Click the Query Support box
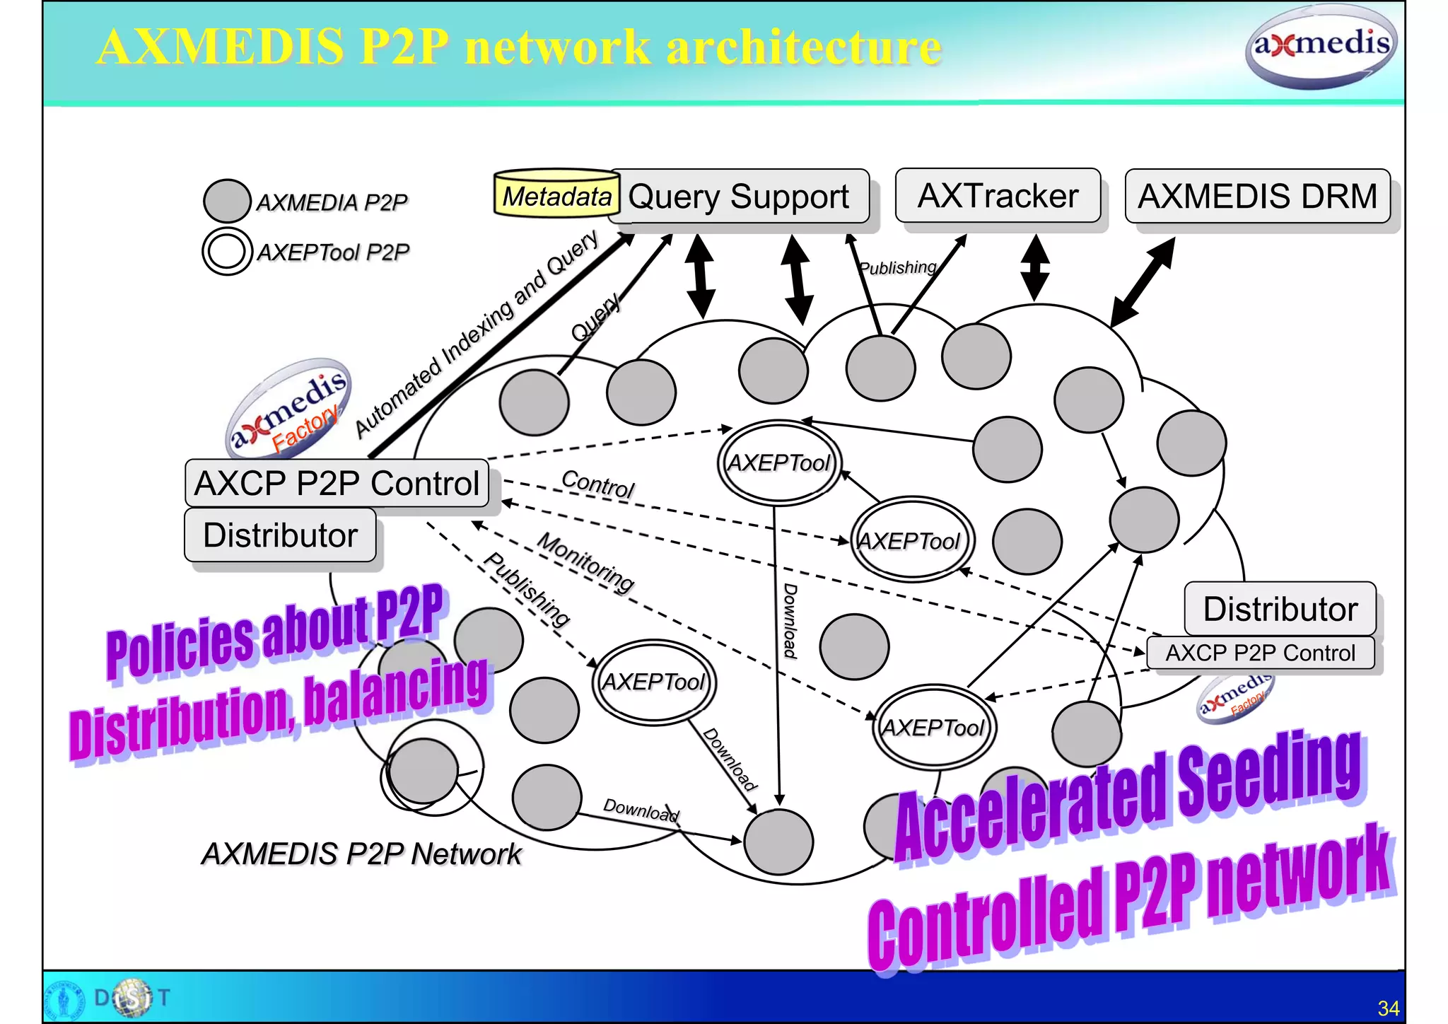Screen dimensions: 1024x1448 739,196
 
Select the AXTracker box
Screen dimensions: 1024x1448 998,196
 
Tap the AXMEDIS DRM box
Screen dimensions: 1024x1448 1257,196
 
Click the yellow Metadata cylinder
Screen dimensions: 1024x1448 556,194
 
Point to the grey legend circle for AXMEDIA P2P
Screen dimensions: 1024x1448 227,201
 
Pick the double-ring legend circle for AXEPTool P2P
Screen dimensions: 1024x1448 227,251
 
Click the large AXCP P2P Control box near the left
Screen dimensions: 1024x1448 337,484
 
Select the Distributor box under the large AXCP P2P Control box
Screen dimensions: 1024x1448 280,535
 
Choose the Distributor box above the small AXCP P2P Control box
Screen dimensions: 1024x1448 1280,609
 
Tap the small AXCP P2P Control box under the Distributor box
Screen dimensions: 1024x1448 1260,653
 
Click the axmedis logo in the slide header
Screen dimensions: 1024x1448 1321,46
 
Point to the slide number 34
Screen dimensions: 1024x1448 1388,1008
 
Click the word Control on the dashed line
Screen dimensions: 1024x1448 598,485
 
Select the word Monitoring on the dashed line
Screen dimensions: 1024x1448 585,562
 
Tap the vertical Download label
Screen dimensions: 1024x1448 790,621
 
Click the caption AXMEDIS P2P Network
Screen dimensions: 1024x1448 361,854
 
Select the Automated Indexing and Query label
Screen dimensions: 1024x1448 476,332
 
